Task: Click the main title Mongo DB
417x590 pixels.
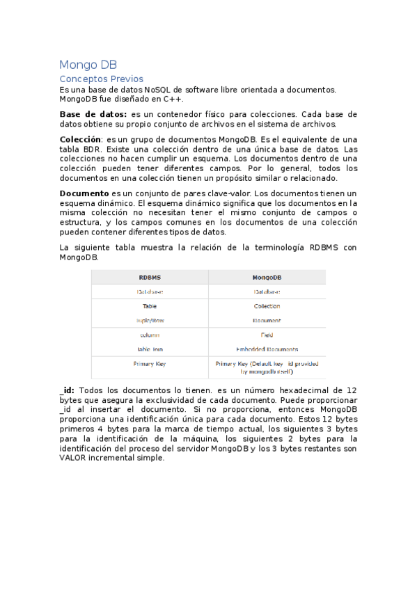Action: (x=88, y=65)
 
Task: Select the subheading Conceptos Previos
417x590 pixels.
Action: (x=101, y=79)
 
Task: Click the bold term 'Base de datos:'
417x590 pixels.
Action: (x=93, y=114)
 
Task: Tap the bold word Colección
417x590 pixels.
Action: (x=80, y=140)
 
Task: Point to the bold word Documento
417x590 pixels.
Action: (x=84, y=193)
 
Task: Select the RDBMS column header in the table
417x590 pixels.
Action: (x=149, y=277)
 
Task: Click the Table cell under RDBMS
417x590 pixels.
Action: (x=149, y=306)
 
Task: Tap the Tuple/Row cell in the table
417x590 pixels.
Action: (x=149, y=321)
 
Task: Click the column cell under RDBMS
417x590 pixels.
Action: (x=149, y=335)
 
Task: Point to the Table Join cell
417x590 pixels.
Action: (x=149, y=349)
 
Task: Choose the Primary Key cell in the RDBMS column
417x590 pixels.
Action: (x=149, y=364)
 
